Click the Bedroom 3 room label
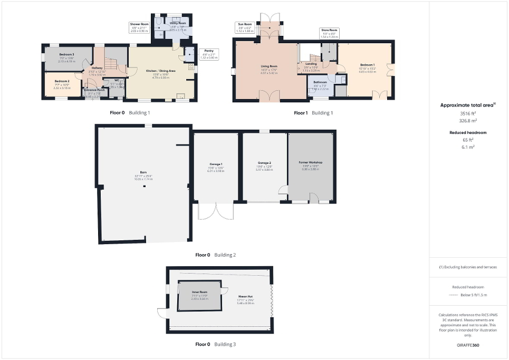[66, 55]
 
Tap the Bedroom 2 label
[62, 81]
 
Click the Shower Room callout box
[140, 27]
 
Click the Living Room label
[269, 67]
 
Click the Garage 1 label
[215, 164]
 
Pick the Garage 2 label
[264, 163]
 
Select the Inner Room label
[199, 291]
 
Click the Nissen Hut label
[245, 296]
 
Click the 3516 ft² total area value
[463, 113]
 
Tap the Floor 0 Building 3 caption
[215, 344]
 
